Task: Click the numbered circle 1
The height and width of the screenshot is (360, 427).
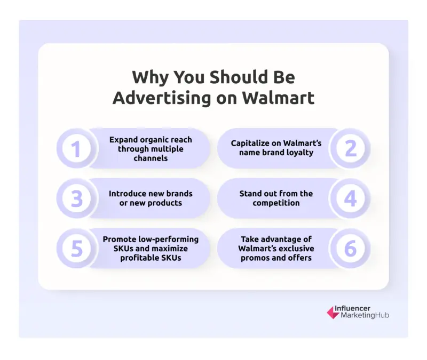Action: (76, 148)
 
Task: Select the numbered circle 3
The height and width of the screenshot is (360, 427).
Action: (76, 198)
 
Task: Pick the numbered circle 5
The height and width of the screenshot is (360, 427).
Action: (76, 249)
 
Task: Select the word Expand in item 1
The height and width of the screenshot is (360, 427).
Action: (123, 140)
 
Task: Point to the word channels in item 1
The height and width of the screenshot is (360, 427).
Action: (151, 158)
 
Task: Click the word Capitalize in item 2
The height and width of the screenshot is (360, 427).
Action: (251, 143)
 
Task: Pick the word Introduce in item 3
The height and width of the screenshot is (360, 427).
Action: (127, 193)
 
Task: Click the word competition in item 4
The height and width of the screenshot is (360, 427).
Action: (276, 203)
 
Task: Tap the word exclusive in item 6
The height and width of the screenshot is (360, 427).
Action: (295, 249)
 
